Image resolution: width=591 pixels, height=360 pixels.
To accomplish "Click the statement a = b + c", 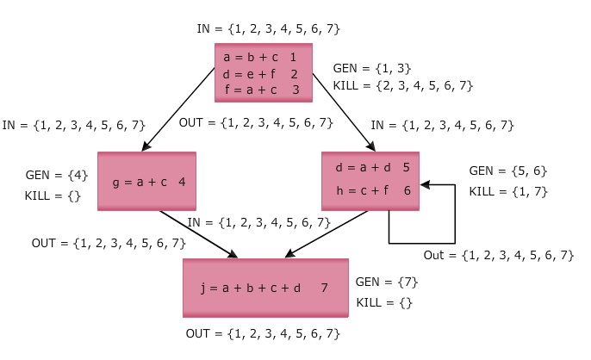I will click(246, 58).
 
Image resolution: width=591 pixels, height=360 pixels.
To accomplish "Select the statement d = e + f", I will click(246, 74).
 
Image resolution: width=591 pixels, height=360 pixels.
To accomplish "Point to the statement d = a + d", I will click(360, 167).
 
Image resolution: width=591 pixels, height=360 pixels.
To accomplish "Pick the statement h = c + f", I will click(359, 191).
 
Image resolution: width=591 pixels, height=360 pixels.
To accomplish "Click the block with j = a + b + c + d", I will click(265, 288).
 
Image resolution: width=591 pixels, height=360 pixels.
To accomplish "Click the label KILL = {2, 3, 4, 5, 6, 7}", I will click(403, 85).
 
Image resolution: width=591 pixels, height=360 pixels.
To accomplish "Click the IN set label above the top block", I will click(269, 28).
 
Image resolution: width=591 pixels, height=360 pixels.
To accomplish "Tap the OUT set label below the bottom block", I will click(263, 333).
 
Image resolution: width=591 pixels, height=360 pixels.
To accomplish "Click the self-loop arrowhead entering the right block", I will click(426, 183).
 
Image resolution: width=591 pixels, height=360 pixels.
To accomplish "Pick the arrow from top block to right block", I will click(340, 111).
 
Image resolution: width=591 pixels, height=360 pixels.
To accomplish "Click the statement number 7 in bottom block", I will click(324, 288).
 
